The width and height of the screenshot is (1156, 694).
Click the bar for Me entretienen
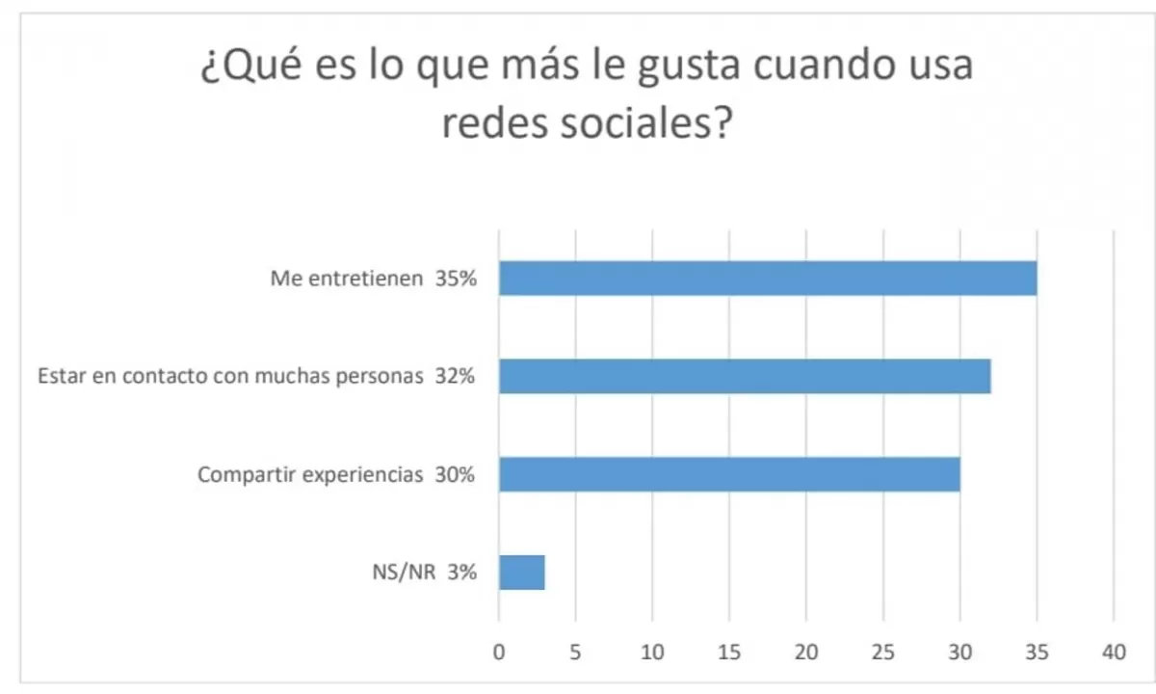[x=768, y=279]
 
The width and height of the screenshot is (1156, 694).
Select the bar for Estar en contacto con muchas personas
[x=745, y=376]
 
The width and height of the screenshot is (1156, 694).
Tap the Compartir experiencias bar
[x=729, y=474]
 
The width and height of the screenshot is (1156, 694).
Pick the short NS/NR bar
[x=521, y=573]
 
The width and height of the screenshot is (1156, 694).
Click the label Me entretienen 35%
[x=372, y=280]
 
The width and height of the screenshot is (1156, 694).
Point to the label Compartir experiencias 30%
[x=335, y=474]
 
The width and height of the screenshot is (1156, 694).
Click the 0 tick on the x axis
[x=499, y=653]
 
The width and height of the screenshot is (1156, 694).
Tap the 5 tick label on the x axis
[x=575, y=653]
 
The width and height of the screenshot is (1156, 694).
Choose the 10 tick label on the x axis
[x=652, y=653]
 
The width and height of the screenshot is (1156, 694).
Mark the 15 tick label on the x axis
[x=729, y=653]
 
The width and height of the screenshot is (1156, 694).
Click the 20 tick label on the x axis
[x=806, y=653]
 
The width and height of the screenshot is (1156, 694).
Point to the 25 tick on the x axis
[x=883, y=653]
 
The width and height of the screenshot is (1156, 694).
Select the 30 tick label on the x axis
[x=959, y=653]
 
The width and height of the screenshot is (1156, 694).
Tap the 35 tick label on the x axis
[x=1037, y=653]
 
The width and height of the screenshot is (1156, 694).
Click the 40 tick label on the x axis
[x=1114, y=653]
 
